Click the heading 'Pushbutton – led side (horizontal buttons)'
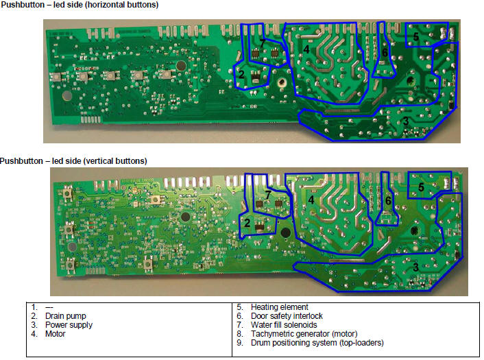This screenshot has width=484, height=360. click(x=80, y=5)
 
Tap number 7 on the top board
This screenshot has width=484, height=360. click(x=262, y=43)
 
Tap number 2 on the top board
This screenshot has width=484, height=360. click(x=241, y=74)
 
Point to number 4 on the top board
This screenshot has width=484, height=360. click(x=306, y=49)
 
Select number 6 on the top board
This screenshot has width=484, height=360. click(x=385, y=52)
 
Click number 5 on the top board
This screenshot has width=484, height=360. click(x=415, y=36)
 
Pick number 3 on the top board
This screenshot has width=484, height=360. click(x=406, y=121)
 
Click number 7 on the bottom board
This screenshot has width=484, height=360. click(x=268, y=195)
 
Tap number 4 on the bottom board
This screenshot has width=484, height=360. click(x=311, y=200)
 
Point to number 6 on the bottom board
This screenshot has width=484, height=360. click(x=388, y=201)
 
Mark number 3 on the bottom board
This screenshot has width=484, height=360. click(x=415, y=267)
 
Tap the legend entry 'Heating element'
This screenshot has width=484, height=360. click(x=280, y=307)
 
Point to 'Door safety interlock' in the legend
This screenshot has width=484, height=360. click(x=287, y=316)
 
